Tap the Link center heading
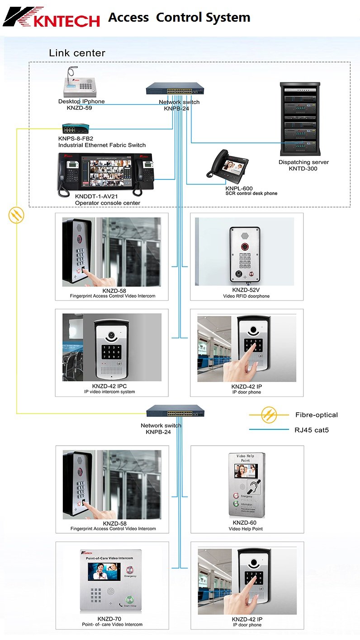(x=77, y=53)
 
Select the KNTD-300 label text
(x=303, y=169)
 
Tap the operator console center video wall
(x=105, y=170)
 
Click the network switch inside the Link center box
(x=175, y=90)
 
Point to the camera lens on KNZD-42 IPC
(x=111, y=336)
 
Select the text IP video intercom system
(x=109, y=392)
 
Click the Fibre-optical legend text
(x=316, y=415)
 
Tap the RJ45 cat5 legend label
(x=312, y=430)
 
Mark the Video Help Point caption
(x=246, y=529)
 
